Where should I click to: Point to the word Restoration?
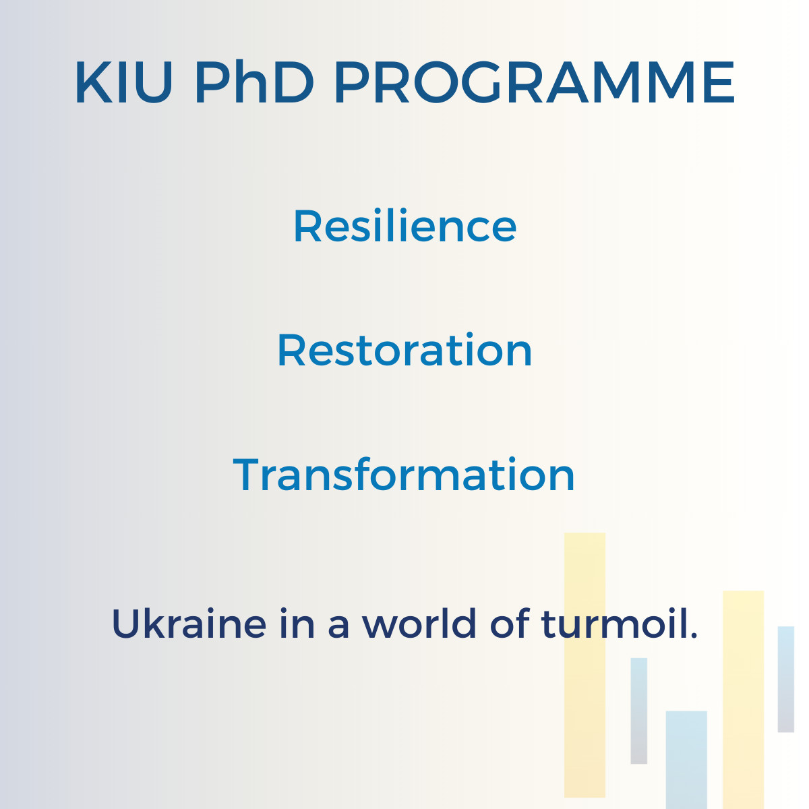pyautogui.click(x=404, y=350)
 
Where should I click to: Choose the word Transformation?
pyautogui.click(x=404, y=474)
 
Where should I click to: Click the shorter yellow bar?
pyautogui.click(x=743, y=700)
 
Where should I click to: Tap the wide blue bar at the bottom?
pyautogui.click(x=686, y=760)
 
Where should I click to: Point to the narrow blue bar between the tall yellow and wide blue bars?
pyautogui.click(x=639, y=711)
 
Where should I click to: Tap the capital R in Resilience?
pyautogui.click(x=308, y=226)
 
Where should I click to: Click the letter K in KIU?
pyautogui.click(x=94, y=82)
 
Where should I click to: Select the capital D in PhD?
pyautogui.click(x=293, y=82)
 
